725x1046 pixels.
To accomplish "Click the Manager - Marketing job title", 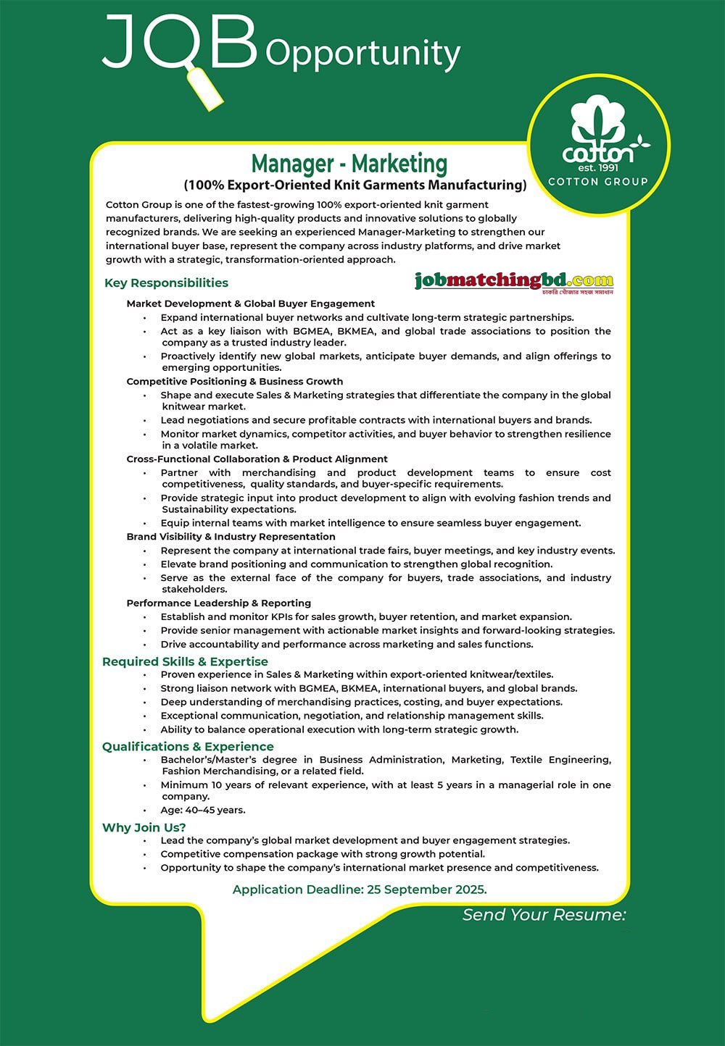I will [x=349, y=163].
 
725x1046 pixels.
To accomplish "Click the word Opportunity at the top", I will [x=363, y=54].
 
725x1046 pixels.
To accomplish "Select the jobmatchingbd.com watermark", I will [x=514, y=281].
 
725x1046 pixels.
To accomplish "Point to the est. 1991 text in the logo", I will [x=598, y=167].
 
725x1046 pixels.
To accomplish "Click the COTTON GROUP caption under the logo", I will [x=598, y=182].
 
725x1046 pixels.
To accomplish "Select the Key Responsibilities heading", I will [x=166, y=283].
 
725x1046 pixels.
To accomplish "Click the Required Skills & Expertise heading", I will [x=185, y=661].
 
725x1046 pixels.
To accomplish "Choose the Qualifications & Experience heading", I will [x=188, y=747].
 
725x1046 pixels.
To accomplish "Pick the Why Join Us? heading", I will [x=144, y=827].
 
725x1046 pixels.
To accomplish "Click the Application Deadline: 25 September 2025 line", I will [x=360, y=890].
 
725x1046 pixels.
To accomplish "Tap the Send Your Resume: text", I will [x=544, y=915].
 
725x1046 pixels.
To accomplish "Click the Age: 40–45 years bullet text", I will [x=203, y=810].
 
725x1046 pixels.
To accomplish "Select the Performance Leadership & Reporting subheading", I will [x=219, y=603].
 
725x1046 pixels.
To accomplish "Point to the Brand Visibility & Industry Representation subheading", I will [x=231, y=537].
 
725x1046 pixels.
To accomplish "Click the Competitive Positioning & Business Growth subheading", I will [x=235, y=381].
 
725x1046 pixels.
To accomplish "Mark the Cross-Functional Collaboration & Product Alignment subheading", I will [x=257, y=459].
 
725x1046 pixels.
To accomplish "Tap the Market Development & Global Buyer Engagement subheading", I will [x=251, y=304].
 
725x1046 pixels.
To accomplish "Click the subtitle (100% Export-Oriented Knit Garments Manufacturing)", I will [x=355, y=185].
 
